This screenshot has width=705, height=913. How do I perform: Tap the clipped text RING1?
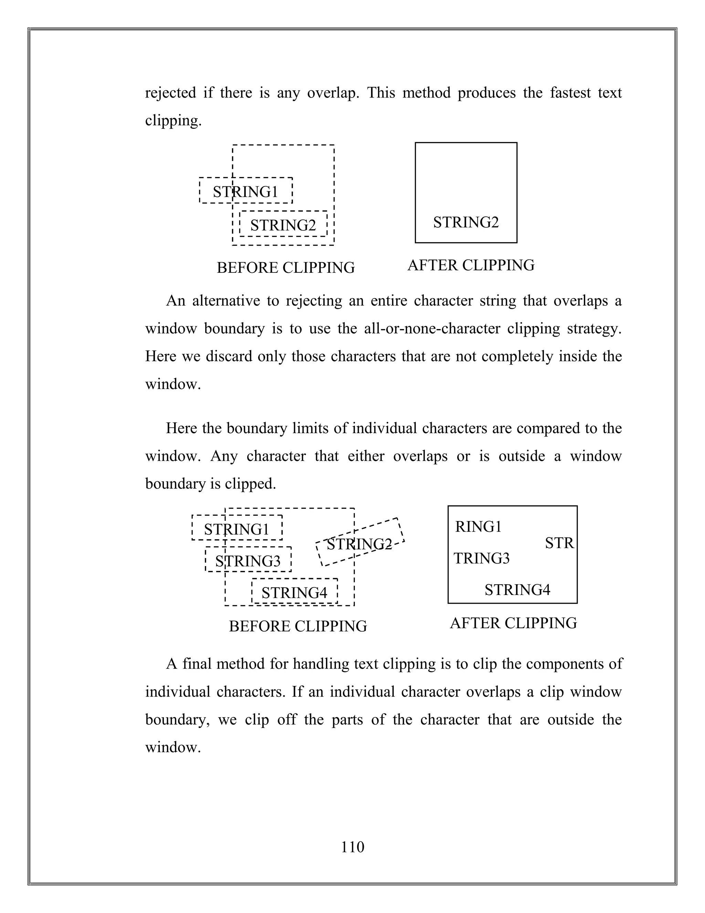pos(478,527)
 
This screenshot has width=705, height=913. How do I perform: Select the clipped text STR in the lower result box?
pos(560,543)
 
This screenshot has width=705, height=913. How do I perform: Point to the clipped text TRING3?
pos(482,558)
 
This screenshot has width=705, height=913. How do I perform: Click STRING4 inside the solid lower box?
pos(517,590)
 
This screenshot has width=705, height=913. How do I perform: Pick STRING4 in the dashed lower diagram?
pos(294,593)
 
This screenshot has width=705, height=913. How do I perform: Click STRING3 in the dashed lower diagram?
pos(248,561)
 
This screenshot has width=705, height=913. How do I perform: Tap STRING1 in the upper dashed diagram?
pos(245,192)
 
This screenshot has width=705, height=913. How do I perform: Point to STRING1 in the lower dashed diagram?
pos(236,530)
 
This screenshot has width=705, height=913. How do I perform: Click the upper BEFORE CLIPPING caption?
pos(286,268)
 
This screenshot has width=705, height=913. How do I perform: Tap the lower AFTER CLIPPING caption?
pos(513,623)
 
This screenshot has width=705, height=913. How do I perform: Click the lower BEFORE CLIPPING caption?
pos(298,626)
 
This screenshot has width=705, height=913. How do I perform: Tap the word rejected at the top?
pos(170,93)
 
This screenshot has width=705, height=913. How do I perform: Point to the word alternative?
pos(226,301)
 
